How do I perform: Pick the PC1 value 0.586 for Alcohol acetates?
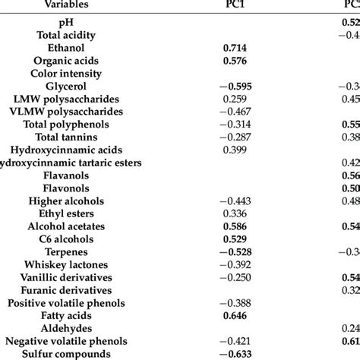pyautogui.click(x=235, y=226)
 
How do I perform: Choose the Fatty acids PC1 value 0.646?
pyautogui.click(x=235, y=315)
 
